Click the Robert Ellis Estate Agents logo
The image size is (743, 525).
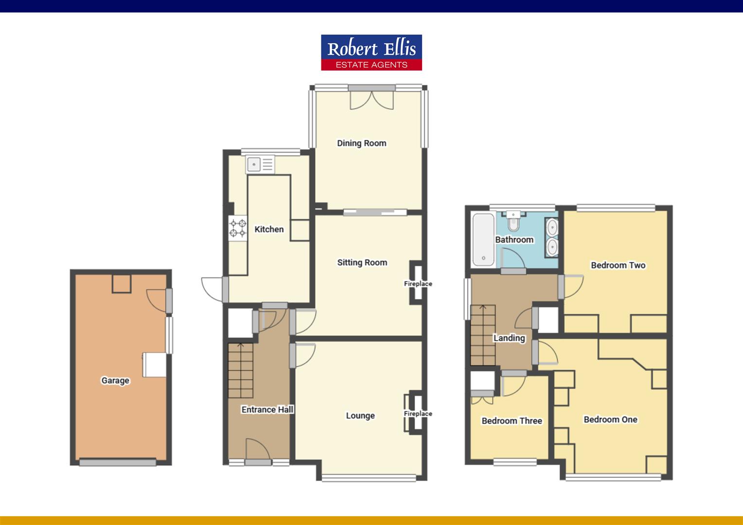click(x=371, y=52)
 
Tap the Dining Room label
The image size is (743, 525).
click(x=362, y=143)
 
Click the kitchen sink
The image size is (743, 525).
click(x=260, y=164)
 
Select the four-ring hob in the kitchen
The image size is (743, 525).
click(x=238, y=228)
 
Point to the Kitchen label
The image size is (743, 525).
click(x=269, y=229)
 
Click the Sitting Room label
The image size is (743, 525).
click(x=362, y=262)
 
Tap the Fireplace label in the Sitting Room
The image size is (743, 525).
click(x=418, y=284)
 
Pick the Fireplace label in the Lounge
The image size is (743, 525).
click(x=418, y=414)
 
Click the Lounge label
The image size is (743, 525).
click(x=360, y=416)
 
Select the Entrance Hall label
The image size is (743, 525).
click(x=267, y=410)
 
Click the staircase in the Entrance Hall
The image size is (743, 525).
click(x=241, y=370)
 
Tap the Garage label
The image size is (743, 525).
click(x=115, y=381)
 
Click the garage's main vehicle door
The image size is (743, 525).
click(x=118, y=462)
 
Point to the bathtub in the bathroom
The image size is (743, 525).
click(x=483, y=240)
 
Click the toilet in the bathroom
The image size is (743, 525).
click(x=513, y=221)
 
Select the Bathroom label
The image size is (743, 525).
click(x=514, y=240)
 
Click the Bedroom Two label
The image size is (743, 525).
click(x=619, y=265)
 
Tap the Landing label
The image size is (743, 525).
click(x=509, y=338)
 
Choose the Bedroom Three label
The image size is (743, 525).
click(x=512, y=421)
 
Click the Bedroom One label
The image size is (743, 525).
click(x=610, y=420)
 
